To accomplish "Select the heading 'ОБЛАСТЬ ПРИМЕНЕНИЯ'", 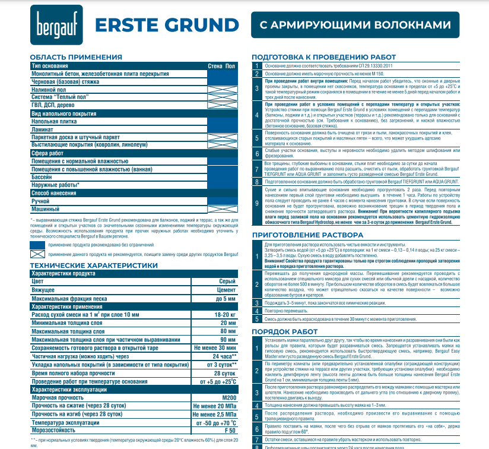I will [x=76, y=57].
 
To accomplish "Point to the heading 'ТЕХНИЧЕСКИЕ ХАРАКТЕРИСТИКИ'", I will [x=94, y=265].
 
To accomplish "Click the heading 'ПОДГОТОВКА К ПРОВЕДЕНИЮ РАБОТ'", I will [x=323, y=57].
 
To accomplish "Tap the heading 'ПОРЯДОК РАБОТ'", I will [x=285, y=331].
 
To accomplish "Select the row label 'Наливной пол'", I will [x=49, y=89].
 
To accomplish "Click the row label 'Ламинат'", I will [x=44, y=129].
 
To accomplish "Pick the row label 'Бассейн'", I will [x=42, y=177].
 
